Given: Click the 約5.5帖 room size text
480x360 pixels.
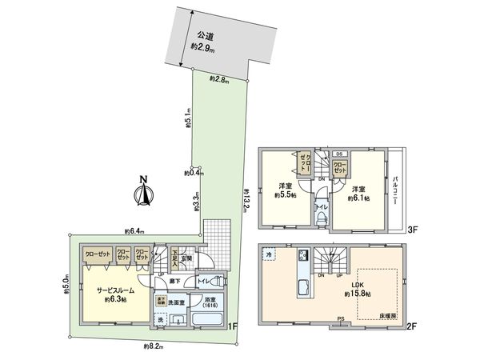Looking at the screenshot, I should click(x=283, y=194).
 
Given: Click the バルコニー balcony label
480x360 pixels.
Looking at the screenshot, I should click(x=395, y=190).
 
